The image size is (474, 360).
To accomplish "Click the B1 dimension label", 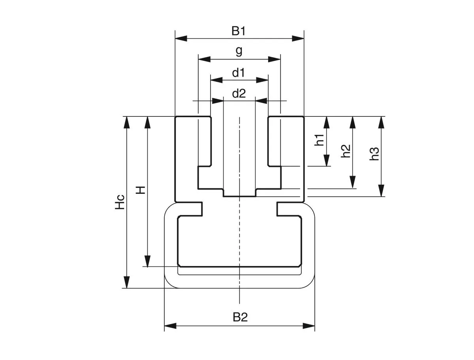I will click(x=239, y=31).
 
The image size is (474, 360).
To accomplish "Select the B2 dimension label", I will click(x=240, y=317).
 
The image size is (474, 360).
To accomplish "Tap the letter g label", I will click(x=239, y=51).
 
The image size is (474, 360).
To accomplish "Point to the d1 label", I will click(x=239, y=73).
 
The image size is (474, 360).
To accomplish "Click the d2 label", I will click(x=239, y=94).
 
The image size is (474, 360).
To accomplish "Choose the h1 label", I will click(x=320, y=141).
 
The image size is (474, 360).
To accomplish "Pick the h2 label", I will click(x=346, y=151).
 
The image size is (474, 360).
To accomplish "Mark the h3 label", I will click(x=374, y=154).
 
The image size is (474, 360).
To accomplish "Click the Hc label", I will click(x=120, y=202).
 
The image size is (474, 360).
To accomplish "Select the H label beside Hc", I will click(x=140, y=190).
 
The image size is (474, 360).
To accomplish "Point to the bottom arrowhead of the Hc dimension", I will click(x=126, y=282).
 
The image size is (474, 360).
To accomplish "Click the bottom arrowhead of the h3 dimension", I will click(x=381, y=191).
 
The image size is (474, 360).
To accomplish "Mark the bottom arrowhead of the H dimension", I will click(x=147, y=261).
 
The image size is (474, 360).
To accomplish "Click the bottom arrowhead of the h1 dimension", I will click(x=327, y=161).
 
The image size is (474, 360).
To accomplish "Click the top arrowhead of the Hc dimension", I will click(x=126, y=122).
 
